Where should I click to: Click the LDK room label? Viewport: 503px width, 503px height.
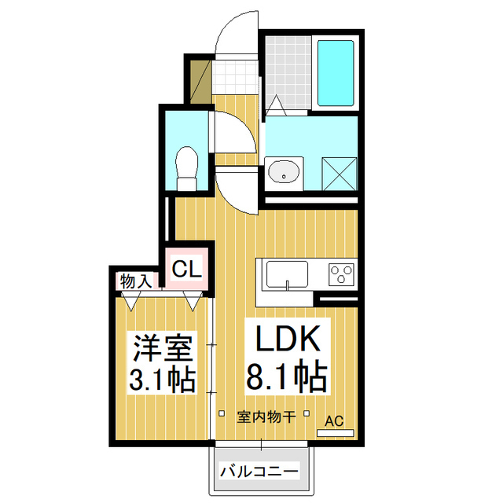(285, 340)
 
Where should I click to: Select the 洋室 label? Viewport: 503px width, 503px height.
(163, 346)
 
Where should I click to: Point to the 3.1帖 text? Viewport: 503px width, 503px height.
(163, 381)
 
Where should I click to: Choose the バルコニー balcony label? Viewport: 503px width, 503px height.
(259, 472)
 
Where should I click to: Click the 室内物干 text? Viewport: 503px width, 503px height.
(266, 417)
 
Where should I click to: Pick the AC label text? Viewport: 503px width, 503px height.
(335, 420)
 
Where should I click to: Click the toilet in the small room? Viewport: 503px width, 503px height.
(187, 167)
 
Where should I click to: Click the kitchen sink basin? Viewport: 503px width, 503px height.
(288, 275)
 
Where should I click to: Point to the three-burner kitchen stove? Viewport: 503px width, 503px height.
(341, 274)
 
